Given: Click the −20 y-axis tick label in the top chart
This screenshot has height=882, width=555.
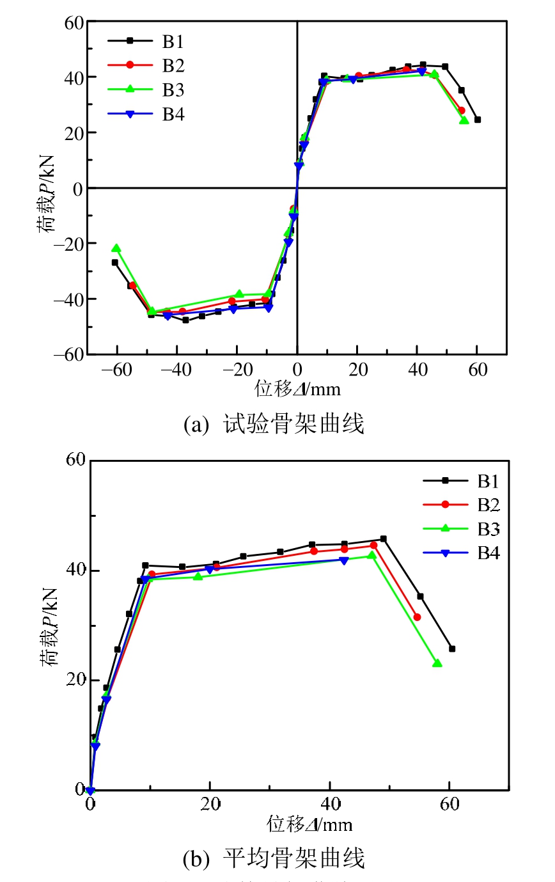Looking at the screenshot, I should [x=70, y=244].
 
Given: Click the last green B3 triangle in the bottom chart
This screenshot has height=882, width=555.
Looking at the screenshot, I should [x=437, y=663].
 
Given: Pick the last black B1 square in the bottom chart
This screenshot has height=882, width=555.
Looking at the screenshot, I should [x=452, y=649].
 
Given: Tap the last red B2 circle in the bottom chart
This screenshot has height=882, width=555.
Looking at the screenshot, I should [x=417, y=617].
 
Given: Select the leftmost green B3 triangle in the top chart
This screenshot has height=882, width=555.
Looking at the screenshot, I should [x=116, y=248].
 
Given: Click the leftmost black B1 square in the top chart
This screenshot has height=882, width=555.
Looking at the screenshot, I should [x=115, y=262].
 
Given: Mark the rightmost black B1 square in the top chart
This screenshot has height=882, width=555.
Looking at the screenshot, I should [x=478, y=120].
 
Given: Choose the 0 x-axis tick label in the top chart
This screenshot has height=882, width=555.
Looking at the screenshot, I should [x=297, y=370].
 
